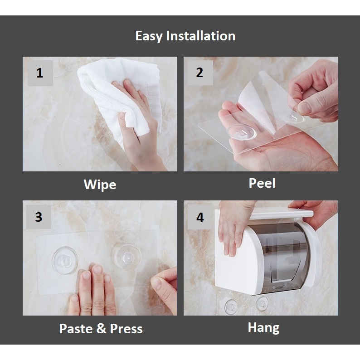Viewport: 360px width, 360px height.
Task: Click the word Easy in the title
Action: pyautogui.click(x=149, y=36)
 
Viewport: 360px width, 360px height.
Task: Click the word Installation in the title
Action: pyautogui.click(x=201, y=36)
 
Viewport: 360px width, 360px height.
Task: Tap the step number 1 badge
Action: pyautogui.click(x=40, y=73)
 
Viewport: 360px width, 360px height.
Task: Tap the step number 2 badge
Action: pyautogui.click(x=200, y=73)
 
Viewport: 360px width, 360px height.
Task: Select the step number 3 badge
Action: pyautogui.click(x=39, y=217)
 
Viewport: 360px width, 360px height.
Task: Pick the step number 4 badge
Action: pyautogui.click(x=200, y=217)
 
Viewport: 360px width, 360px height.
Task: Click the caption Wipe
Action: pyautogui.click(x=100, y=185)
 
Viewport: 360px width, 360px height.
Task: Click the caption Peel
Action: pyautogui.click(x=262, y=183)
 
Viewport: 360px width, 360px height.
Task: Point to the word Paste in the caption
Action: pyautogui.click(x=76, y=329)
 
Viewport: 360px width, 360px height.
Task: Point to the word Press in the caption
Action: pyautogui.click(x=126, y=329)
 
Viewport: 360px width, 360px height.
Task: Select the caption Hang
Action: pyautogui.click(x=263, y=328)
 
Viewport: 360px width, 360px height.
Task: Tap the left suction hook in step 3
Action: pyautogui.click(x=65, y=260)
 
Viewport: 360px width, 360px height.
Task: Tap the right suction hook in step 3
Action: pyautogui.click(x=126, y=256)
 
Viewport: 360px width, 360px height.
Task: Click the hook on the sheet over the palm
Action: pyautogui.click(x=241, y=132)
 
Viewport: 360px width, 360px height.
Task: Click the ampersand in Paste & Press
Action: pyautogui.click(x=101, y=329)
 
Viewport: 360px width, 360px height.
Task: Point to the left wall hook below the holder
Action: pyautogui.click(x=231, y=306)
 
